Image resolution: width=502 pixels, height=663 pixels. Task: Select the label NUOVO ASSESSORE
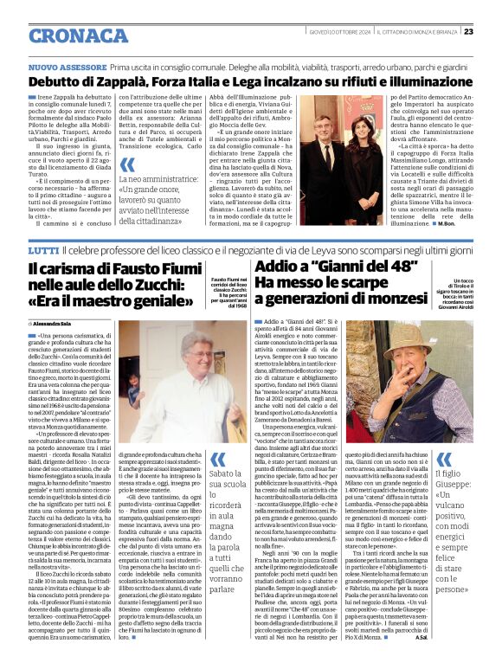(68, 67)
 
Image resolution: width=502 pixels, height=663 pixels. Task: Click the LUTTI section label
(42, 250)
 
